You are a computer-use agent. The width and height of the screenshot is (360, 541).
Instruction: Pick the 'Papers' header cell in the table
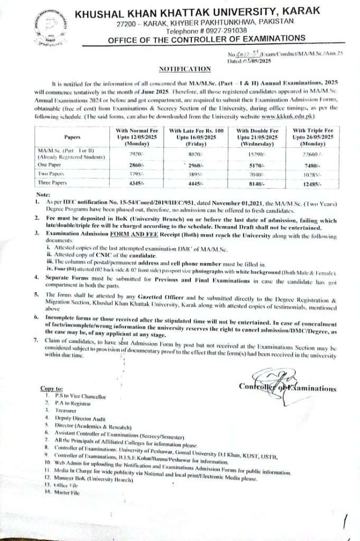66,136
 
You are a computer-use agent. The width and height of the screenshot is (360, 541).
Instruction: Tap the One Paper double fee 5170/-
250,164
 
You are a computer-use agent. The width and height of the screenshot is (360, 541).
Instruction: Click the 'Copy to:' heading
51,388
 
